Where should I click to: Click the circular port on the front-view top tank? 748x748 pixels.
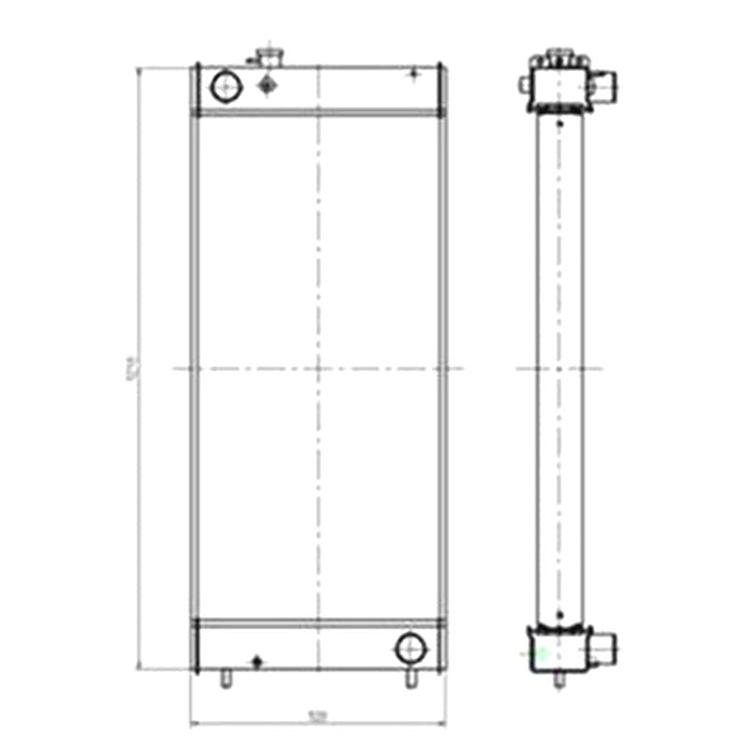(x=226, y=87)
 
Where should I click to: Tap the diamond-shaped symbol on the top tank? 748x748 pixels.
(x=268, y=86)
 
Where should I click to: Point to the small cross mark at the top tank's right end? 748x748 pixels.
(x=414, y=74)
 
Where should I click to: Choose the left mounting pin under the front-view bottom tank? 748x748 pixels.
(x=224, y=680)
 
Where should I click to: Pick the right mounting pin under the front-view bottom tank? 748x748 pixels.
(x=410, y=680)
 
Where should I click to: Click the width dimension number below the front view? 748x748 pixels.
(x=318, y=718)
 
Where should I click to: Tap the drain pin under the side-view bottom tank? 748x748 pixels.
(x=558, y=680)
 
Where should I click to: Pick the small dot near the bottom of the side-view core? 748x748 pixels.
(x=559, y=614)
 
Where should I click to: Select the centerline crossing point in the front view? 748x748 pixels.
(x=319, y=368)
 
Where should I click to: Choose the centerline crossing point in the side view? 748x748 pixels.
(x=559, y=368)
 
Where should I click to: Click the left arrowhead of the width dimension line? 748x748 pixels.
(x=193, y=723)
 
